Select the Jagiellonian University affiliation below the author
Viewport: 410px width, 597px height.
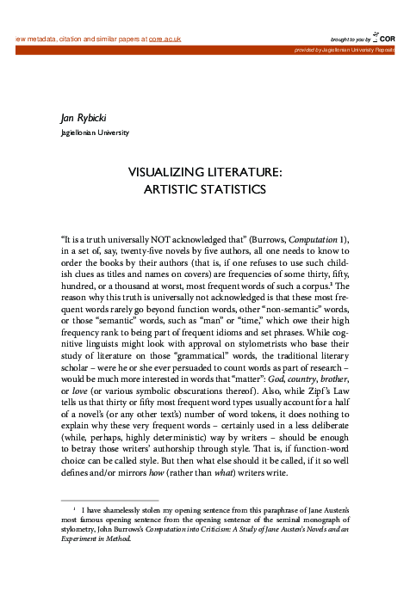95,132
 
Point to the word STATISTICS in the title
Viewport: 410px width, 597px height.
231,188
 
